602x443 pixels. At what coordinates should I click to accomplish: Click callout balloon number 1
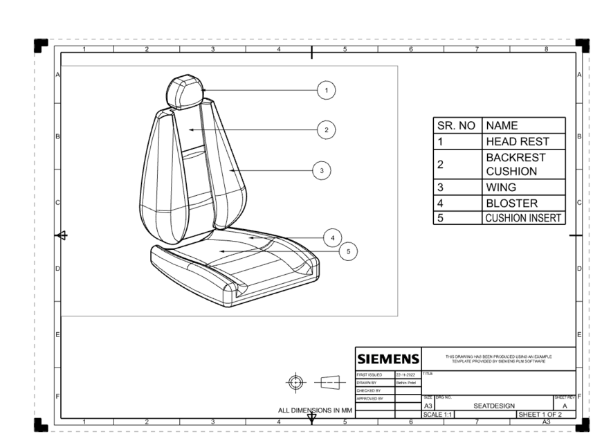327,90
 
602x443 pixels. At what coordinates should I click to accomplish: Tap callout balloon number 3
322,169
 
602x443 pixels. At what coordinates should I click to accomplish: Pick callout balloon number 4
333,237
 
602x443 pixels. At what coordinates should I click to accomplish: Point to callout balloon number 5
350,251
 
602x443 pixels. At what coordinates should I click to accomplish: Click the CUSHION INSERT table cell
523,218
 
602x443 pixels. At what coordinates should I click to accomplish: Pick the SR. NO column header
456,126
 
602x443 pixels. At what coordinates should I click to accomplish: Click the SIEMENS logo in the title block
387,359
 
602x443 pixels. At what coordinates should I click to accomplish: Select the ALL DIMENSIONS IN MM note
311,410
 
